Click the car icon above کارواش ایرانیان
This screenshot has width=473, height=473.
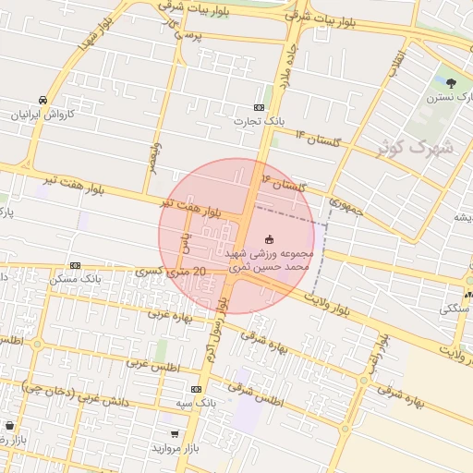43,100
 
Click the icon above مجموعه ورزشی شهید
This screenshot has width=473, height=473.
269,239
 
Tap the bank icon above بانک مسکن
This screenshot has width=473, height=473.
75,264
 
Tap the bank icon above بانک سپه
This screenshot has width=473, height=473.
195,390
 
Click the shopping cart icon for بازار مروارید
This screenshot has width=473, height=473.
175,433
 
